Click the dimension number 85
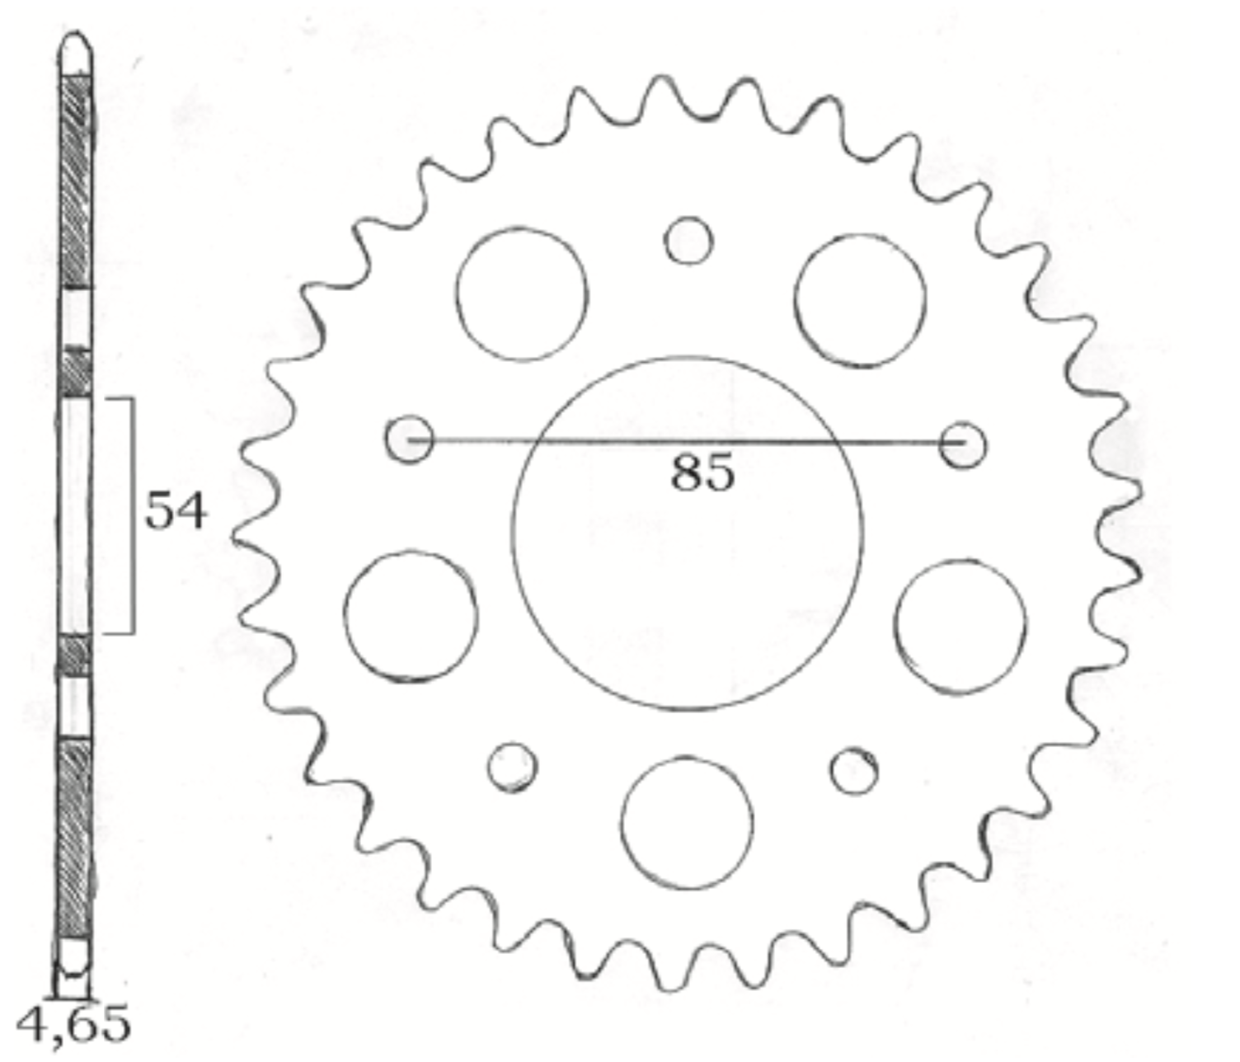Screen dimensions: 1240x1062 click(x=702, y=472)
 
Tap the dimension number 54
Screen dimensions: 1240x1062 click(x=176, y=510)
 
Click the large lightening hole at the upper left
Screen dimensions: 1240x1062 click(x=522, y=228)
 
